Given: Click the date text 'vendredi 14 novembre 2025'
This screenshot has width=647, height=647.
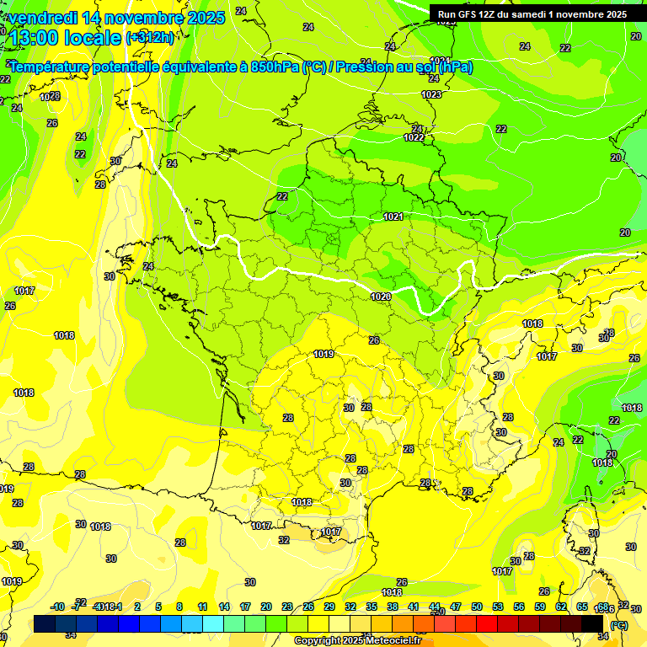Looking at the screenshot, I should [x=116, y=18].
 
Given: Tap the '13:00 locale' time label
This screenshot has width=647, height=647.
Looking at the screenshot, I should [x=66, y=38].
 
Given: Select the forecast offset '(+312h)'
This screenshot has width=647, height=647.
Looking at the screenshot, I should [x=151, y=38].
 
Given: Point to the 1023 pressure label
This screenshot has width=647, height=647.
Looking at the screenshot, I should [x=432, y=95].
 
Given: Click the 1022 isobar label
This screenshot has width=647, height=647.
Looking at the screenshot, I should [x=414, y=137].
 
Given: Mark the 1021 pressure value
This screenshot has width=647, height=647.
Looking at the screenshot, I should [x=393, y=217].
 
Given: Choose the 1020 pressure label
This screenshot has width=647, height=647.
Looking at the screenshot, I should [x=380, y=297].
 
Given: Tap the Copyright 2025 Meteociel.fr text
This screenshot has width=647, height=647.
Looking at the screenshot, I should [x=357, y=641].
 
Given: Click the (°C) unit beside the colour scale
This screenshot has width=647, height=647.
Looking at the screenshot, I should [x=618, y=625].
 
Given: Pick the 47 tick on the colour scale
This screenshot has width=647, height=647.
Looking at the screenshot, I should [x=456, y=607].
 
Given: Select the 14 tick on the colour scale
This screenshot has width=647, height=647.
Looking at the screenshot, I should [x=224, y=607].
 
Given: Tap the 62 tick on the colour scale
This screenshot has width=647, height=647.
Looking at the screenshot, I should [x=561, y=607].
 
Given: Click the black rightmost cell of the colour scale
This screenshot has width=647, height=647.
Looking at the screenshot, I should [x=592, y=623].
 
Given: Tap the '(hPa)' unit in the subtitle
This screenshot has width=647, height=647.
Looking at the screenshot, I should [x=455, y=67].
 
